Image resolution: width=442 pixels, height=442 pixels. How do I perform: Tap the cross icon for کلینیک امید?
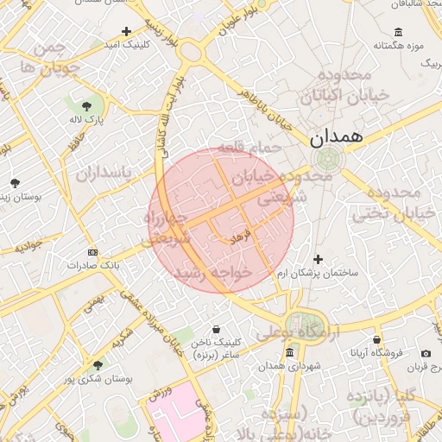click(127, 31)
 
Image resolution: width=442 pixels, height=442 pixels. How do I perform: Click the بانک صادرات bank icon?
click(93, 252)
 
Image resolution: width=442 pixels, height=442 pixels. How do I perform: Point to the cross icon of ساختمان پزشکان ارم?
click(318, 259)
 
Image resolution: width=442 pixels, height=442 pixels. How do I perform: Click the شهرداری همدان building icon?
click(289, 352)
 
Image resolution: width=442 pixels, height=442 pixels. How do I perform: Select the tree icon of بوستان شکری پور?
click(97, 365)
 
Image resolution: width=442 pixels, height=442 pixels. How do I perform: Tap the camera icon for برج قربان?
click(426, 353)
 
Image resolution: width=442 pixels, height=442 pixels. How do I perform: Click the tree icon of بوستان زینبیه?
click(16, 183)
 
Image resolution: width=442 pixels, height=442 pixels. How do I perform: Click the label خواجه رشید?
click(212, 272)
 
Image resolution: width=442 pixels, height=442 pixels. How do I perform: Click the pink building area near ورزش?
click(173, 420)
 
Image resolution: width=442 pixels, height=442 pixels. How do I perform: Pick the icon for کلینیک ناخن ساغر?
click(215, 329)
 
